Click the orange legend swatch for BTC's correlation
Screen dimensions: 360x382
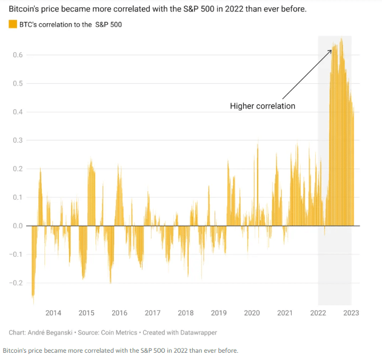[12, 24]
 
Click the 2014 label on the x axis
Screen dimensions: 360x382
[53, 313]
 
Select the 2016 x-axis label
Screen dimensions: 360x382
[119, 313]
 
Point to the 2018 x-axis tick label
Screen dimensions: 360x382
[186, 313]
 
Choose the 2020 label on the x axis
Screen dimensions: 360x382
[252, 313]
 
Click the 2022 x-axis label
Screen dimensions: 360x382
[318, 313]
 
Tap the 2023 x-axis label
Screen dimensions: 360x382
[351, 313]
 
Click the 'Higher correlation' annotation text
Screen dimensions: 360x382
[263, 106]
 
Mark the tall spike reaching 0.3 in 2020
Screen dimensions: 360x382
[258, 142]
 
